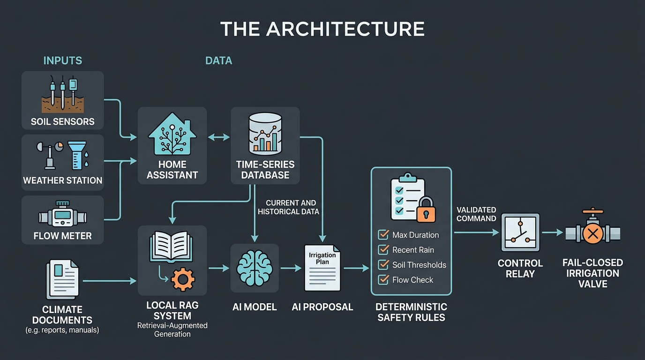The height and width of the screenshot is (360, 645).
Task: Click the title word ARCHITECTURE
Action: (345, 29)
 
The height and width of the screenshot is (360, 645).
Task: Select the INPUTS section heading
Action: (63, 61)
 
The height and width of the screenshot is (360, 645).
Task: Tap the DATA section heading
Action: (218, 61)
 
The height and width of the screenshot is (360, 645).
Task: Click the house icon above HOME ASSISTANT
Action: (172, 134)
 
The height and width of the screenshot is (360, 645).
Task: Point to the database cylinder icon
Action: (265, 134)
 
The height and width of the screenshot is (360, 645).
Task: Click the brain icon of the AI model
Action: (255, 268)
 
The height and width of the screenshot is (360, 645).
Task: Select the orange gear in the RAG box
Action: (183, 279)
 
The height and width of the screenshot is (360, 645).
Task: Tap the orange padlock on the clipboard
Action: (426, 210)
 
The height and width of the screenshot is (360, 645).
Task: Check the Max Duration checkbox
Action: (383, 235)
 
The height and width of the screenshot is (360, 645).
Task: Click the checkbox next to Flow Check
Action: (383, 280)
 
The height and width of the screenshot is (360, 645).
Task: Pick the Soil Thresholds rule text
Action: (419, 265)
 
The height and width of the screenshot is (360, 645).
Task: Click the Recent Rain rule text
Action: (413, 250)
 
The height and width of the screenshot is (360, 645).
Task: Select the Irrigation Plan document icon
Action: (322, 268)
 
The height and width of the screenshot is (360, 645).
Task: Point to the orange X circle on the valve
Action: (593, 233)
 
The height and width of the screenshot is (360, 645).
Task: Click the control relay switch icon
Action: (520, 232)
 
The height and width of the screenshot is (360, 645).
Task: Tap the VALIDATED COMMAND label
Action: (476, 214)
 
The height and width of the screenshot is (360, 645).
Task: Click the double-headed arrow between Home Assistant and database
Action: (219, 137)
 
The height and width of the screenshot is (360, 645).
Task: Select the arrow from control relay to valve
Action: (553, 232)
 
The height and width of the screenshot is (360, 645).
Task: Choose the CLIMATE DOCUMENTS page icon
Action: (62, 279)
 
